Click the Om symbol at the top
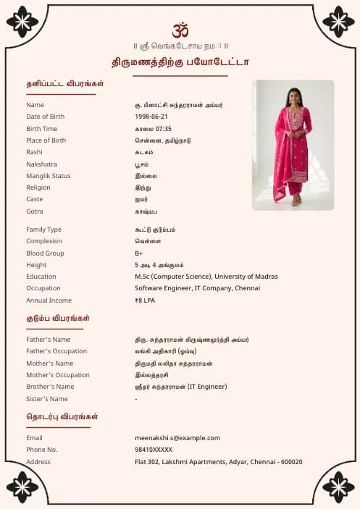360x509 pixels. [180, 30]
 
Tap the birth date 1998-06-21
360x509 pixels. [151, 117]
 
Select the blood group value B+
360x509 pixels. [139, 253]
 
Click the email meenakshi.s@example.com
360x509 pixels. [177, 438]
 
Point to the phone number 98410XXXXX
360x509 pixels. [154, 450]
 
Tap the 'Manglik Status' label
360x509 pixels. [49, 176]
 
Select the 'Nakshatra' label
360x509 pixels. [41, 164]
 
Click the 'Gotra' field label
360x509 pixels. [35, 211]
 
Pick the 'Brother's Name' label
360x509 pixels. [50, 387]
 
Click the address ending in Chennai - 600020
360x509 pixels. [218, 462]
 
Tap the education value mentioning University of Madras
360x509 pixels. [206, 277]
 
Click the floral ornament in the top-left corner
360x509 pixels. [22, 22]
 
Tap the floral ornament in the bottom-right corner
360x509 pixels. [338, 487]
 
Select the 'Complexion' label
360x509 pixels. [43, 241]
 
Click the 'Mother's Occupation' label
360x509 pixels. [58, 375]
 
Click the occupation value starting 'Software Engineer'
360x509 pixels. [197, 288]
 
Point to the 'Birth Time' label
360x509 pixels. [41, 129]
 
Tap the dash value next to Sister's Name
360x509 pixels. [136, 399]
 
